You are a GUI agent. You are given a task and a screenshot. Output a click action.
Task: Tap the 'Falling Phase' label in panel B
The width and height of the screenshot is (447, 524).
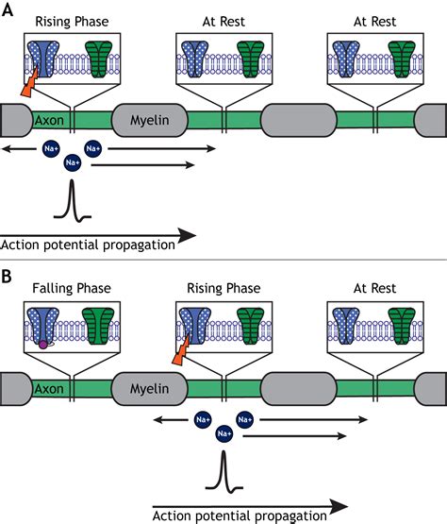point(68,291)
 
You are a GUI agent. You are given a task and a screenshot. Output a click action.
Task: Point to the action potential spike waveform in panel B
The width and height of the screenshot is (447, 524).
point(223,470)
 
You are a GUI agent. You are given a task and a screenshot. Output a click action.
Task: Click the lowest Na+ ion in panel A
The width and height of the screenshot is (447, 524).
point(72,164)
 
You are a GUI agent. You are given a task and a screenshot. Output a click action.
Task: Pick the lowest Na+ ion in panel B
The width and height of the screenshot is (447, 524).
point(223,433)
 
